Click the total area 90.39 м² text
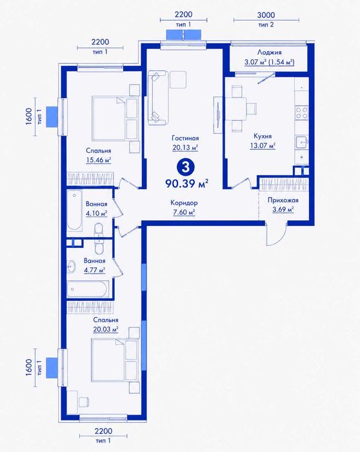tap(186, 183)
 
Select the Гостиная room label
tap(185, 138)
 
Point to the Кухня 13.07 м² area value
tap(263, 145)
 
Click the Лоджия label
tap(269, 52)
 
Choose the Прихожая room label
tap(283, 200)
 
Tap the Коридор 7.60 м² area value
tap(184, 212)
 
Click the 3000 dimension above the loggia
tap(266, 15)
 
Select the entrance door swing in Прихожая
tap(276, 234)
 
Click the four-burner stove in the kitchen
tap(302, 113)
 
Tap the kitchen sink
tap(302, 142)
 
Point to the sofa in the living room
tap(157, 98)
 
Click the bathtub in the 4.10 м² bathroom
tap(75, 210)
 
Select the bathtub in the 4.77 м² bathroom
tap(88, 289)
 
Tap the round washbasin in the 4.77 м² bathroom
tap(71, 267)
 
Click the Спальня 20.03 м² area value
tap(106, 329)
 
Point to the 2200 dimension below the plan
tap(103, 431)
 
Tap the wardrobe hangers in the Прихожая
tap(284, 185)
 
